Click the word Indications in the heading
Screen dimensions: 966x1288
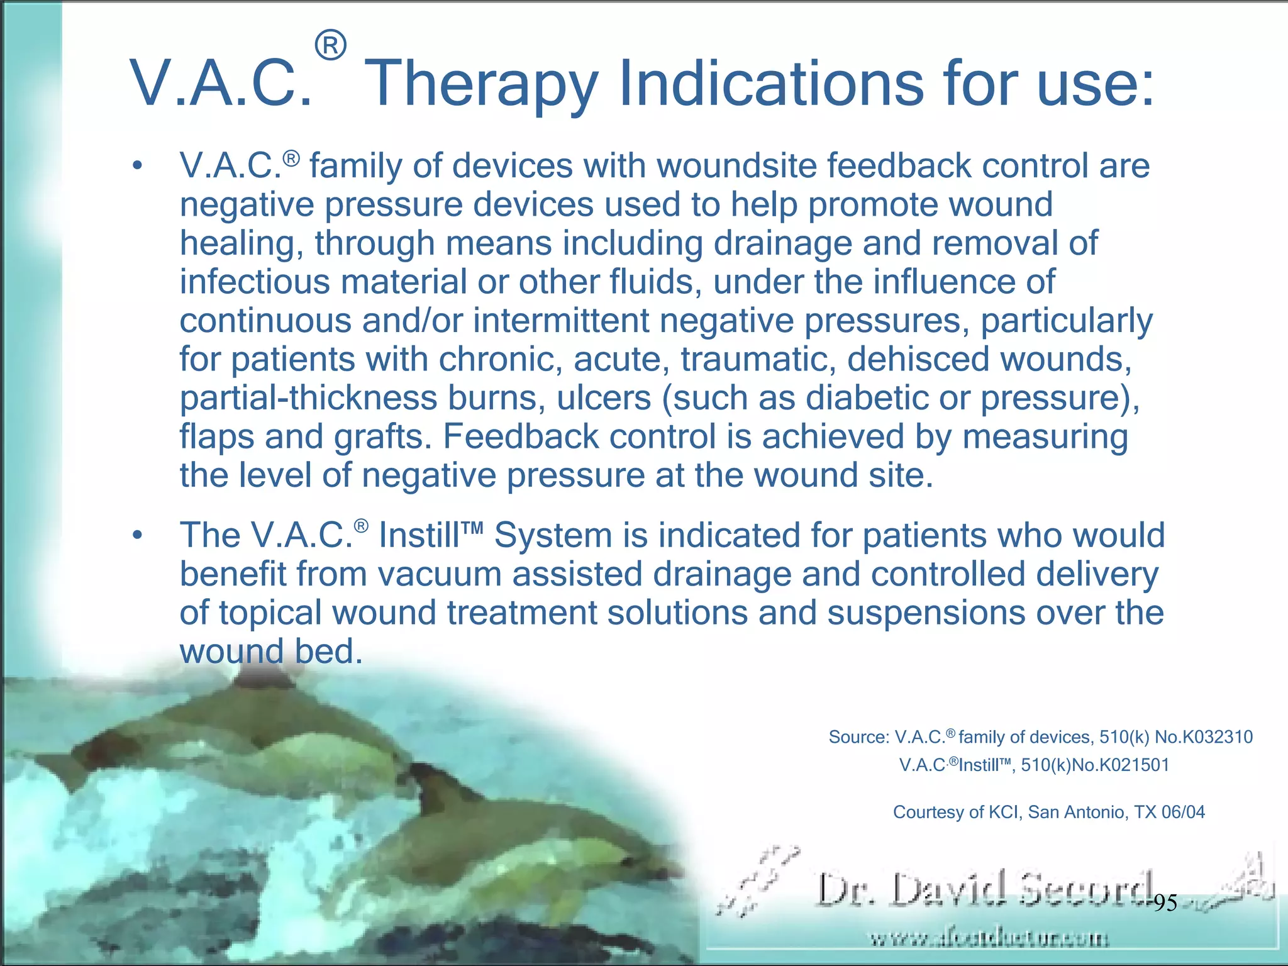click(771, 83)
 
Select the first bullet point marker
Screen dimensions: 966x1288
click(137, 167)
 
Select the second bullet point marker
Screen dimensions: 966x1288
click(137, 536)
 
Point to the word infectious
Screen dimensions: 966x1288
click(255, 282)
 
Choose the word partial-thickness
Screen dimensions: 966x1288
click(308, 398)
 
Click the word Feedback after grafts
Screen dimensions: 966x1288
click(521, 436)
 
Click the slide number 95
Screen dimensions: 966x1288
click(1165, 904)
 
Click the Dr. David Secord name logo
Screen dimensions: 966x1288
click(984, 890)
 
